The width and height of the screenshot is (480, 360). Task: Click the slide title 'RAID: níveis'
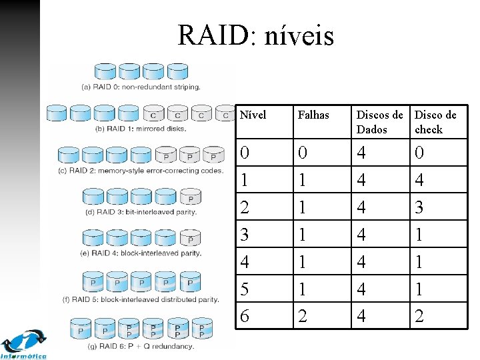255,35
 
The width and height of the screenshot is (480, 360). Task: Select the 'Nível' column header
253,115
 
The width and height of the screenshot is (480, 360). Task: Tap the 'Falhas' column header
313,115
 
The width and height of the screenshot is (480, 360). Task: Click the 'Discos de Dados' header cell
379,122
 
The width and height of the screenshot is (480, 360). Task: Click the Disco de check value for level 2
419,207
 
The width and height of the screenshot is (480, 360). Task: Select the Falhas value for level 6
303,315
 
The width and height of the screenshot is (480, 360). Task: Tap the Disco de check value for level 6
419,315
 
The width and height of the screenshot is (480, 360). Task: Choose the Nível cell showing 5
245,289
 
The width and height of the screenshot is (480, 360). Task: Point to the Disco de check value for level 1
419,180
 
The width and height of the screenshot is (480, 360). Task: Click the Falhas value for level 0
303,153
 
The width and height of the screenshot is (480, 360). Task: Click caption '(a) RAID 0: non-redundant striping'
141,87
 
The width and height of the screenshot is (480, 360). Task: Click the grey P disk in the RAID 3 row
191,197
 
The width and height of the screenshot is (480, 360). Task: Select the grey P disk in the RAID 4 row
191,239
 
